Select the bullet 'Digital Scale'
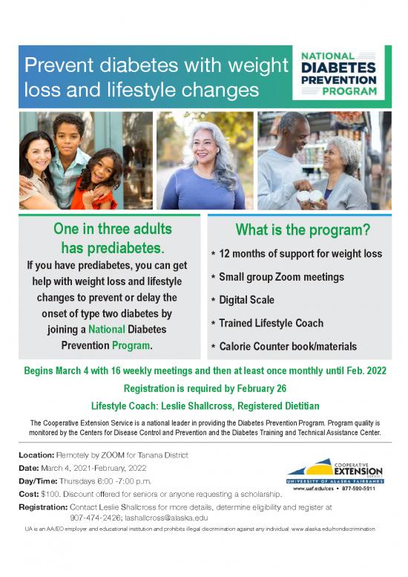point(247,300)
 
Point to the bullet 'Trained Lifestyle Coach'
point(272,323)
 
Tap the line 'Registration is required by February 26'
point(204,388)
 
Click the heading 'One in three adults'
point(112,228)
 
